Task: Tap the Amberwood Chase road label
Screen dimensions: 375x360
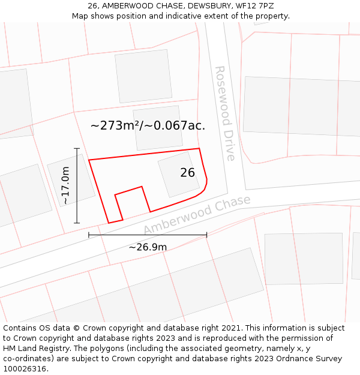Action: pyautogui.click(x=196, y=214)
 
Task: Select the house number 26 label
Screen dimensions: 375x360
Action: pyautogui.click(x=187, y=173)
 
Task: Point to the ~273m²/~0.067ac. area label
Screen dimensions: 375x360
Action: pyautogui.click(x=148, y=125)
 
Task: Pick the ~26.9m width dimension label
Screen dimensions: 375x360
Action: pyautogui.click(x=148, y=247)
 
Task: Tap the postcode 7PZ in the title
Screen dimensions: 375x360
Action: pyautogui.click(x=265, y=5)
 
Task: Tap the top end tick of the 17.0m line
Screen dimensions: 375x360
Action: pyautogui.click(x=77, y=148)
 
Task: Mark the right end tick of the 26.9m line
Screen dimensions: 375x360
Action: pyautogui.click(x=206, y=235)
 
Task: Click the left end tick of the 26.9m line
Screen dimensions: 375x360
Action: pyautogui.click(x=89, y=235)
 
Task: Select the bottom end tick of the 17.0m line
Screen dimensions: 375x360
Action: pyautogui.click(x=77, y=223)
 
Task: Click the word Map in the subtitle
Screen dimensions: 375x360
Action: pyautogui.click(x=80, y=16)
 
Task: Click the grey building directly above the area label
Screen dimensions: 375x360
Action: pyautogui.click(x=143, y=75)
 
